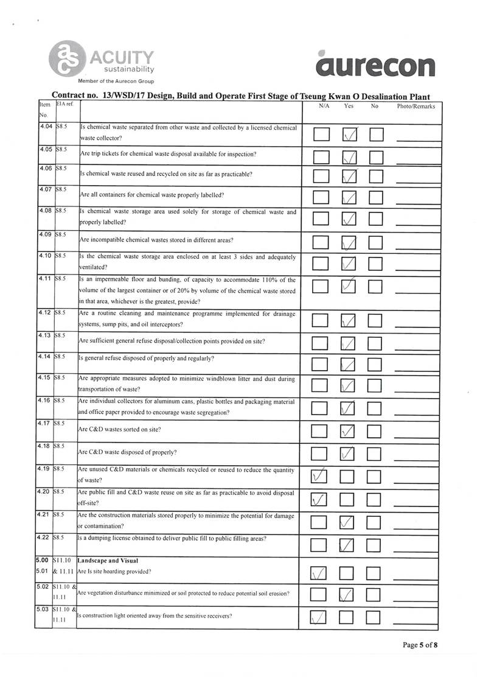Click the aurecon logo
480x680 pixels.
click(375, 65)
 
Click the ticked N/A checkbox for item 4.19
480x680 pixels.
click(320, 475)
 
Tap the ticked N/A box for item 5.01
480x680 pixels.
click(320, 573)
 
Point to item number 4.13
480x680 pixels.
click(45, 335)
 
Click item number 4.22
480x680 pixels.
click(45, 538)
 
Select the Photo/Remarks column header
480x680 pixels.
click(416, 107)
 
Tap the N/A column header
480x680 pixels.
click(324, 106)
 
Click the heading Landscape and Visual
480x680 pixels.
click(108, 560)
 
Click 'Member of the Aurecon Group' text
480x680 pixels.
click(116, 81)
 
